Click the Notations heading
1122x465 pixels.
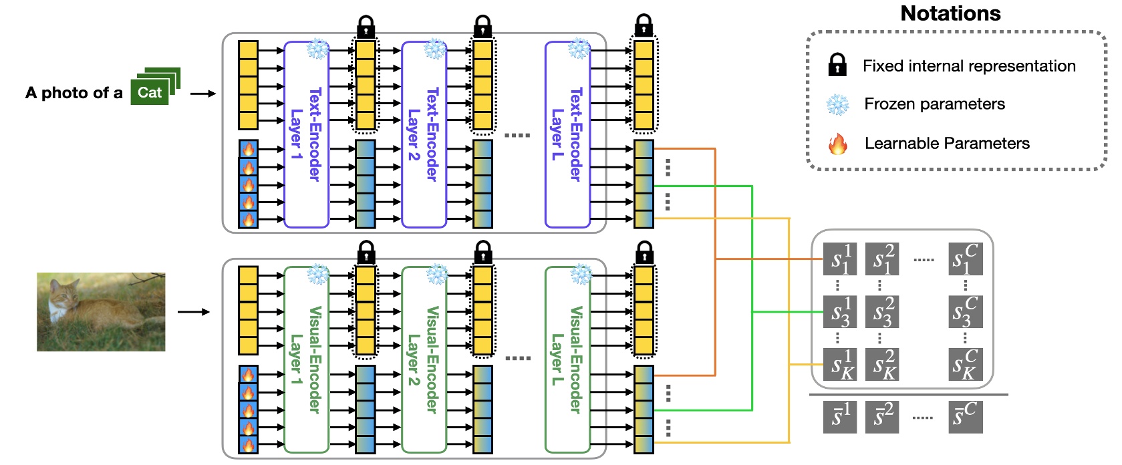(950, 13)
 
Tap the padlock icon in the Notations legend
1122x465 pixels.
(837, 65)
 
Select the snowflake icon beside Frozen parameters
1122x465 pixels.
(837, 104)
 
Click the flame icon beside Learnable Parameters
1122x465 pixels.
(837, 144)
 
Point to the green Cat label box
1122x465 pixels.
(149, 93)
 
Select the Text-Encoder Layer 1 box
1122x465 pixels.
(307, 135)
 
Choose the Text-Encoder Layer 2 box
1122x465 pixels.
(424, 135)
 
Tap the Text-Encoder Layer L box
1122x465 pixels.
(567, 135)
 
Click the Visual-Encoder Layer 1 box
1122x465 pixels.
(307, 359)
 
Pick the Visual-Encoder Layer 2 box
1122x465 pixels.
(424, 359)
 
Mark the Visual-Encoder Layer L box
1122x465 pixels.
(567, 359)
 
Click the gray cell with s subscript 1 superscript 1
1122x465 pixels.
(840, 259)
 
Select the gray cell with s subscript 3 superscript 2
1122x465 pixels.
(882, 312)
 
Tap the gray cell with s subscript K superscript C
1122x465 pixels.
(966, 364)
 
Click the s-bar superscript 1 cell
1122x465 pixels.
(840, 417)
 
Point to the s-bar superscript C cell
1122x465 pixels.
(966, 417)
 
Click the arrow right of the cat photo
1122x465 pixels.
(193, 312)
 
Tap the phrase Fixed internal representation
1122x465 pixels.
(969, 66)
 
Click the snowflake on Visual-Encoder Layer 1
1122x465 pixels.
(318, 275)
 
